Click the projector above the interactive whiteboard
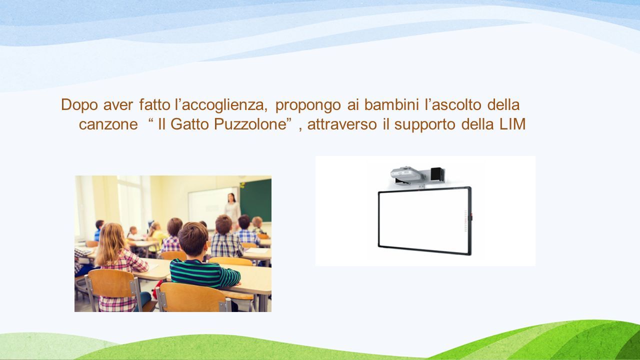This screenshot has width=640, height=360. (x=407, y=174)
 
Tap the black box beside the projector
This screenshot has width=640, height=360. (x=437, y=173)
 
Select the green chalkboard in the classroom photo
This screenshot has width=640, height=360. (x=255, y=200)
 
